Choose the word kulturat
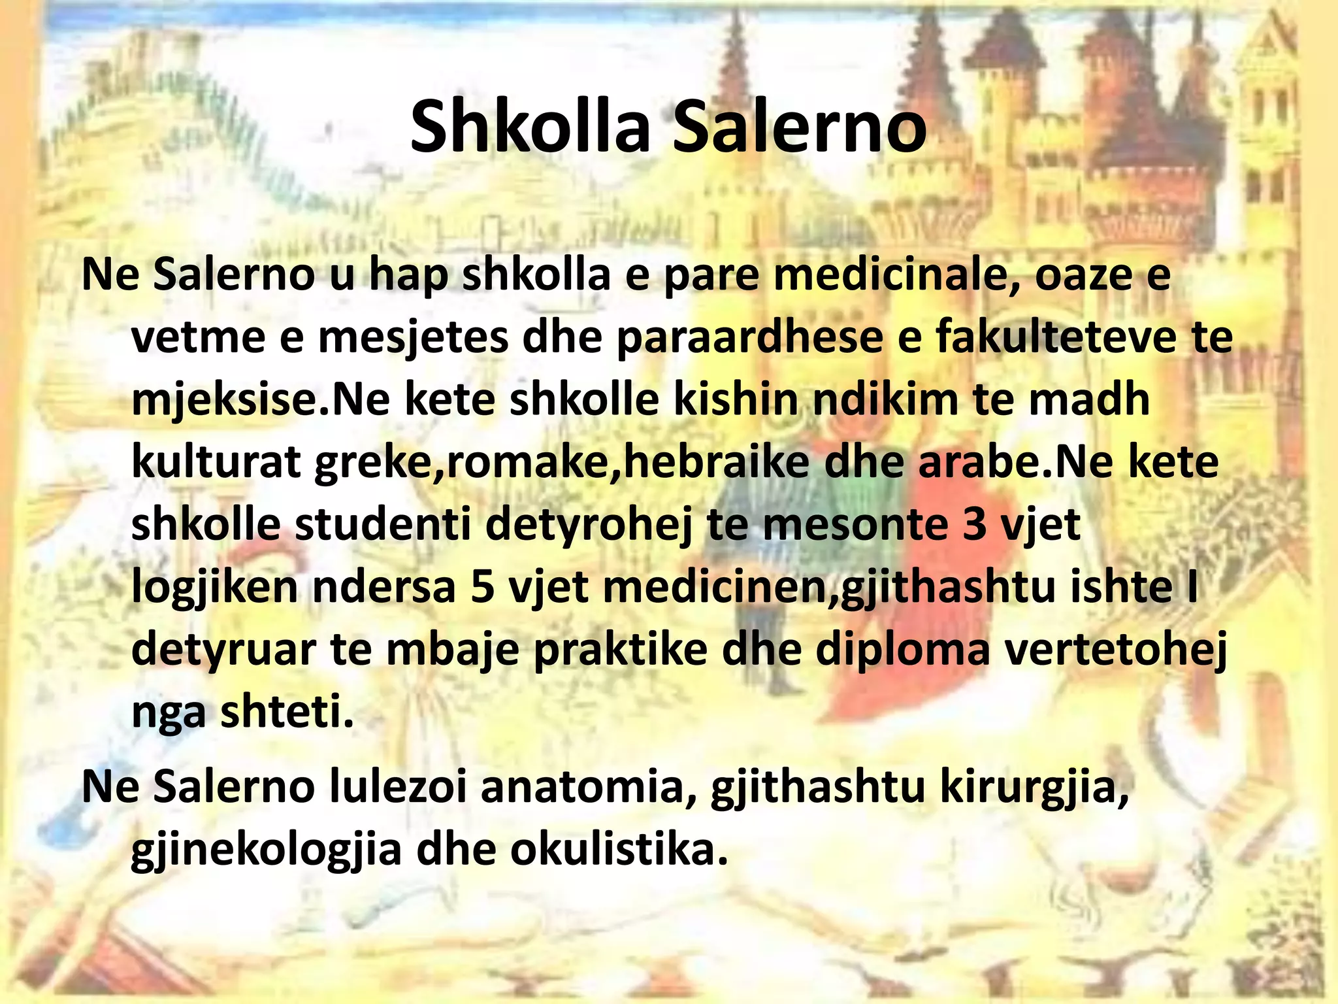216,462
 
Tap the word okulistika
618,850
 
